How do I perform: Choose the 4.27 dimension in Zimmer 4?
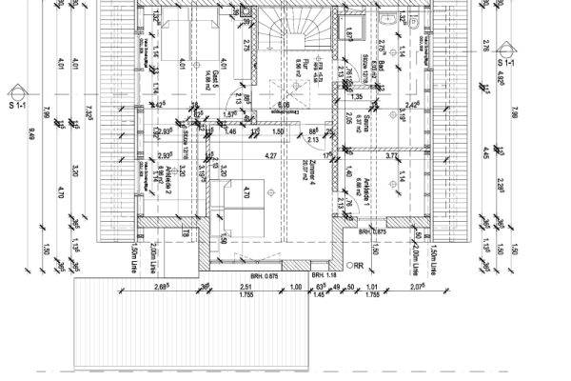point(270,155)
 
